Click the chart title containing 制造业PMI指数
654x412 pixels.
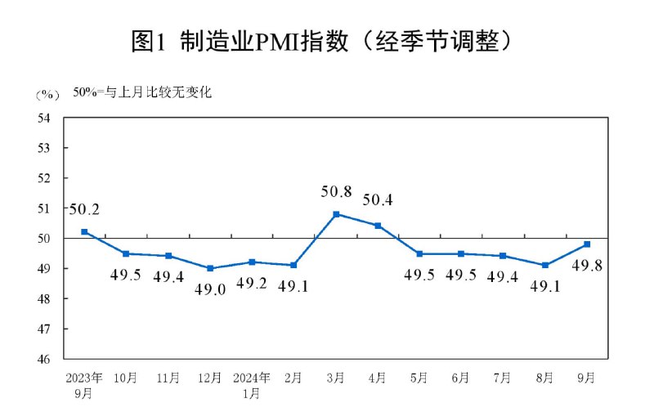coord(326,41)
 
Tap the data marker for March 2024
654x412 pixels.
coord(336,214)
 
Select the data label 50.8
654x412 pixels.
coord(336,193)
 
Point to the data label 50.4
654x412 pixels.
coord(378,199)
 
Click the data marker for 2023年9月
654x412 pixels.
coord(84,232)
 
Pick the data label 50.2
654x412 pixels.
coord(83,210)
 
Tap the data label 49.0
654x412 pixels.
coord(210,289)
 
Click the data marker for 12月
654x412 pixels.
coord(210,268)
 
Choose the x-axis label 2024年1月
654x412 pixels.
coord(252,385)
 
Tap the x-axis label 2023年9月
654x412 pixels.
coord(84,385)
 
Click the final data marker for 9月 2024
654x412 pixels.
coord(587,244)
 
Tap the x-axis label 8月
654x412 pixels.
coord(545,378)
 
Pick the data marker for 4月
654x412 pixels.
coord(378,226)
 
